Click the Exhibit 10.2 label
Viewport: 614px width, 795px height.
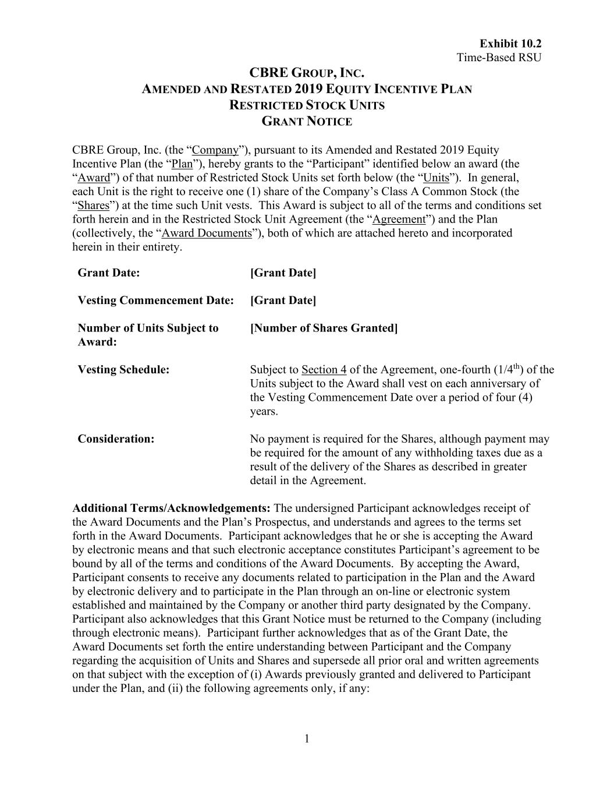click(510, 44)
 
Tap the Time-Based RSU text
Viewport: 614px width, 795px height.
click(499, 57)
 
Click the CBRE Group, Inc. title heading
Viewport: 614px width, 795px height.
click(307, 73)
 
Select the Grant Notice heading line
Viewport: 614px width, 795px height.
click(307, 122)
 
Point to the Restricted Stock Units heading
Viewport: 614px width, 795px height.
click(307, 105)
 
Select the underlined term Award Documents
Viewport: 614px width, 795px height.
click(207, 233)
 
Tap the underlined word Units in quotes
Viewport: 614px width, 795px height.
click(436, 178)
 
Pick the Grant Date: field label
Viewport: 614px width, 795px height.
click(109, 273)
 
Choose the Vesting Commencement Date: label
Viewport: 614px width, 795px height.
click(155, 301)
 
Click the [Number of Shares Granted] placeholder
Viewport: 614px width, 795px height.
click(324, 328)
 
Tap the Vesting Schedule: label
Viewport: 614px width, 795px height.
click(123, 370)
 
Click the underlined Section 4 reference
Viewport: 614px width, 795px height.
click(324, 370)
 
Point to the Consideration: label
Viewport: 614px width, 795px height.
click(116, 439)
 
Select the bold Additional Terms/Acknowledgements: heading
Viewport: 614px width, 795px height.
click(171, 508)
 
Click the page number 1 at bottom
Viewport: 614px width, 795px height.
click(307, 739)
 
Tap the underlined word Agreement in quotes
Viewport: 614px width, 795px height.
click(399, 220)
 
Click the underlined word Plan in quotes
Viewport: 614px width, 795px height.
click(182, 164)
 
